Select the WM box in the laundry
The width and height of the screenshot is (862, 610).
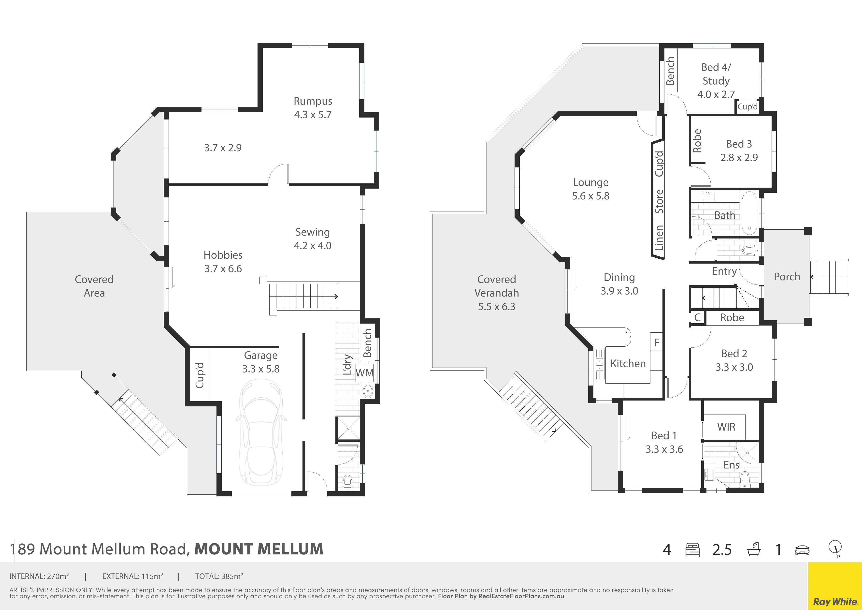click(364, 372)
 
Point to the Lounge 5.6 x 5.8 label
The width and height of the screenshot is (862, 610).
click(590, 189)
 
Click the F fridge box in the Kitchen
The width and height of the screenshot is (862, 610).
click(657, 342)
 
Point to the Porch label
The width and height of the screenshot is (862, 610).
click(787, 277)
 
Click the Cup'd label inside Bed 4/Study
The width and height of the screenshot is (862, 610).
click(747, 107)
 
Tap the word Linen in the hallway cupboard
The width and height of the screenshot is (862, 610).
click(659, 238)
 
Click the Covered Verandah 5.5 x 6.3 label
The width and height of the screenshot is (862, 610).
click(496, 293)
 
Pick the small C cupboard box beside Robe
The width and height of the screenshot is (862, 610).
click(697, 317)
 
